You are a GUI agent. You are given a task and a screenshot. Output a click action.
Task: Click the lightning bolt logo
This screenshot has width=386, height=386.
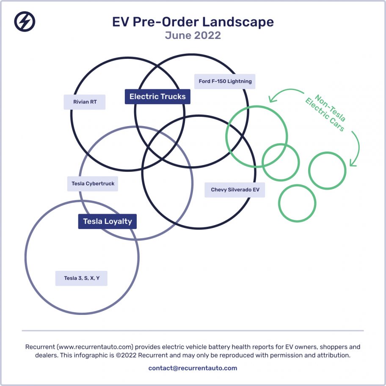pos(25,22)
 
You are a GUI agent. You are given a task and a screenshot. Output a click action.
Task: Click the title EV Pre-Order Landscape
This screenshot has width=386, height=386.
pos(193,22)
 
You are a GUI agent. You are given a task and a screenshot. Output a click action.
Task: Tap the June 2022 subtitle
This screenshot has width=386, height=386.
pos(193,35)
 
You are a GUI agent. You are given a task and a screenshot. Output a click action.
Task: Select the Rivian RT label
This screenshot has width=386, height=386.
pos(85,102)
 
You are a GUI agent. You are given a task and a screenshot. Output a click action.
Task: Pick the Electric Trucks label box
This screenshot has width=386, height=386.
pos(157,96)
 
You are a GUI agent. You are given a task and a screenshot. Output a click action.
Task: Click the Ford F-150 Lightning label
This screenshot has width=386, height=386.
pos(225,82)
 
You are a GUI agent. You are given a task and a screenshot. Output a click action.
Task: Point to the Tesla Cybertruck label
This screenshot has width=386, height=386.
pos(93,184)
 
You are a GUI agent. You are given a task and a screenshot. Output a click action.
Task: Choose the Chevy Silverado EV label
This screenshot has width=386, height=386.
pos(235,190)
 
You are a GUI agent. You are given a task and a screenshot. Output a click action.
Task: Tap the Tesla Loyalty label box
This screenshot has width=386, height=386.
pos(108,221)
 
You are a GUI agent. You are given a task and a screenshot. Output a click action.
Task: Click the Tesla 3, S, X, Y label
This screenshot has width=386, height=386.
pos(82,278)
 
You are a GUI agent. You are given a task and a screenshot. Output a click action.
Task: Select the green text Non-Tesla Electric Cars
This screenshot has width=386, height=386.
pos(325,113)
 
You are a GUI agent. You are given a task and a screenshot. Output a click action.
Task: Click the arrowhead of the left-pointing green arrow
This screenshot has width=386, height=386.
pos(271,99)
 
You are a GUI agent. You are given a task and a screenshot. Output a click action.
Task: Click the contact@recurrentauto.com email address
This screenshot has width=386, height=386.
pos(193,368)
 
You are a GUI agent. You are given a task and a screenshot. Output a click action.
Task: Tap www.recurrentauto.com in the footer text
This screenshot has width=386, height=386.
pos(95,347)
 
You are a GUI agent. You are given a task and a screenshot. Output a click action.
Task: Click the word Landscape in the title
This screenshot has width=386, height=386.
pos(238,22)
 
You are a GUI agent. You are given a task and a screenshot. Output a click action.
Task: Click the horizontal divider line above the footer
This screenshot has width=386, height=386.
pos(193,331)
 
